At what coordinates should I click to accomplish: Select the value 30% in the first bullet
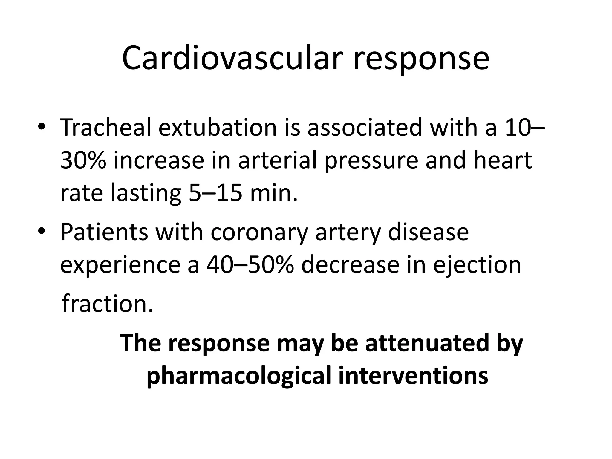83,160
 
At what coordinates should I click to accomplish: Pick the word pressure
371,161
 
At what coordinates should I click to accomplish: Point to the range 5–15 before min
215,193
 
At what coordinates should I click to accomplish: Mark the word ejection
477,266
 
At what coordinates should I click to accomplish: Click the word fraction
107,304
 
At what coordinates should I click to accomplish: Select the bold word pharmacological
239,376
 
